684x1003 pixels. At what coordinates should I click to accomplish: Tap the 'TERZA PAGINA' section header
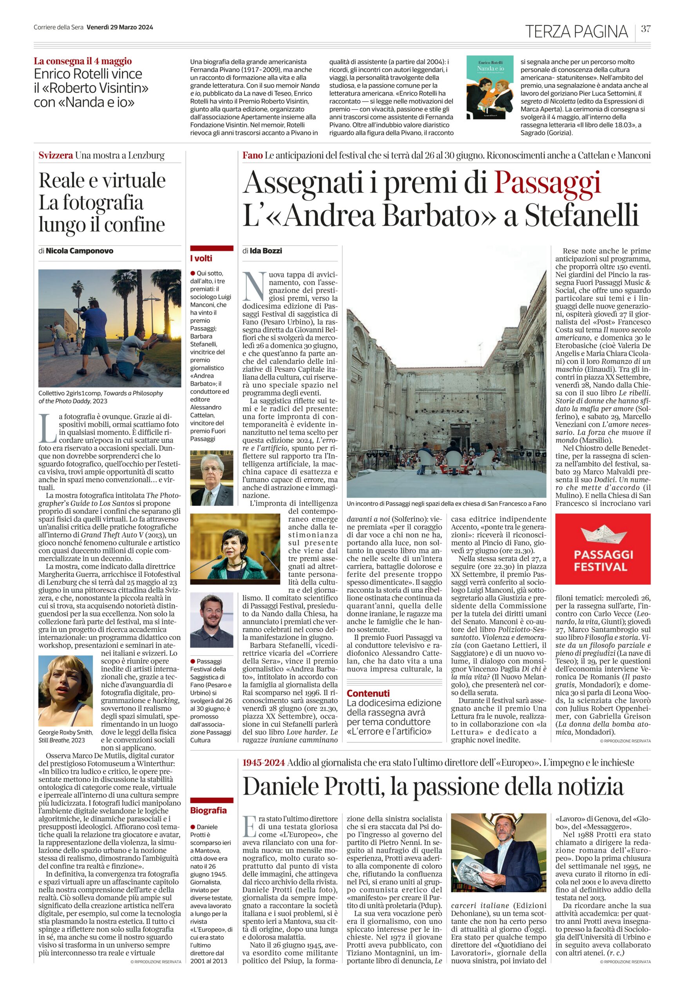[x=576, y=31]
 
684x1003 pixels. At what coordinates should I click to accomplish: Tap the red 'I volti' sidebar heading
[x=201, y=259]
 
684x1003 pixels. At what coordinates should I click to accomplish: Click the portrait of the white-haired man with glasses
[x=212, y=477]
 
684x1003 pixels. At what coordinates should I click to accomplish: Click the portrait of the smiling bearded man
[x=212, y=620]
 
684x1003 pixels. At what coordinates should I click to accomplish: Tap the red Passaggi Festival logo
[x=603, y=549]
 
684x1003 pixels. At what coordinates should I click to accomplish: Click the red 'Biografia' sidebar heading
[x=208, y=810]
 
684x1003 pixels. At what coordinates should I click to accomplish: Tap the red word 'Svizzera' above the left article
[x=55, y=156]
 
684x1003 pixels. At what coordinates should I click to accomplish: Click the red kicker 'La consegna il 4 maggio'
[x=83, y=61]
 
